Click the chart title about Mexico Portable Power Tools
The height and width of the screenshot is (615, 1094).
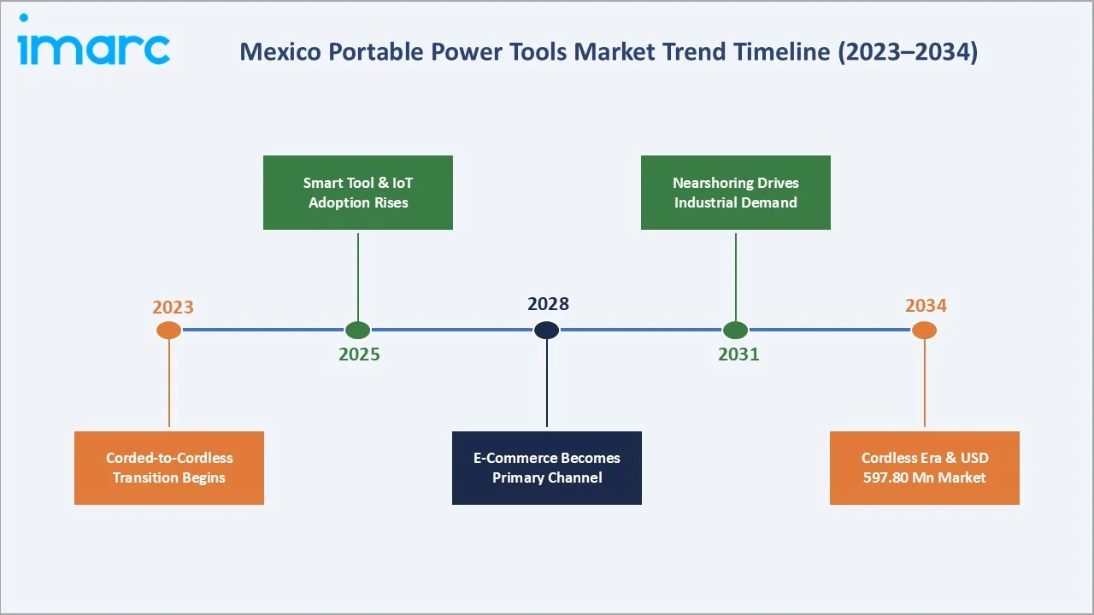(x=608, y=52)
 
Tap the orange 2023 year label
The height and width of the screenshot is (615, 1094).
(x=173, y=307)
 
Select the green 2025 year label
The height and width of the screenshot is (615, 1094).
(x=359, y=354)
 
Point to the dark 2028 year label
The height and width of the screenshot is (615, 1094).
(x=548, y=303)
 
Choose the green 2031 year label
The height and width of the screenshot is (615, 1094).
(x=738, y=354)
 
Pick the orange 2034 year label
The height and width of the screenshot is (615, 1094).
(x=926, y=306)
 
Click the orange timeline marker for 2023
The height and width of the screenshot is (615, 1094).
(x=169, y=330)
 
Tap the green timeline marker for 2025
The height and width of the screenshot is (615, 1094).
(x=357, y=330)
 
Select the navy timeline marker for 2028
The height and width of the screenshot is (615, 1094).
(x=546, y=330)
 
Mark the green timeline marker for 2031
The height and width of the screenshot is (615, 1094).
(x=735, y=330)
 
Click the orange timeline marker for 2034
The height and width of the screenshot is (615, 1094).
(x=924, y=330)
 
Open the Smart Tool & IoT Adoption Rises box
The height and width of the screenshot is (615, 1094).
(x=357, y=192)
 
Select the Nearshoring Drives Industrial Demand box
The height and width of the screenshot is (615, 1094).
(x=735, y=192)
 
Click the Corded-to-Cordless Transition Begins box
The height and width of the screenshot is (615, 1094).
(x=169, y=467)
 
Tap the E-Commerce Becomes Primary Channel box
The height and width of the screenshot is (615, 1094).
(x=546, y=467)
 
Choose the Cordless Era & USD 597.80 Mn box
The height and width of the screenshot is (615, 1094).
(x=924, y=467)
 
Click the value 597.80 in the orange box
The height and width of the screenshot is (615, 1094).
(x=886, y=477)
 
